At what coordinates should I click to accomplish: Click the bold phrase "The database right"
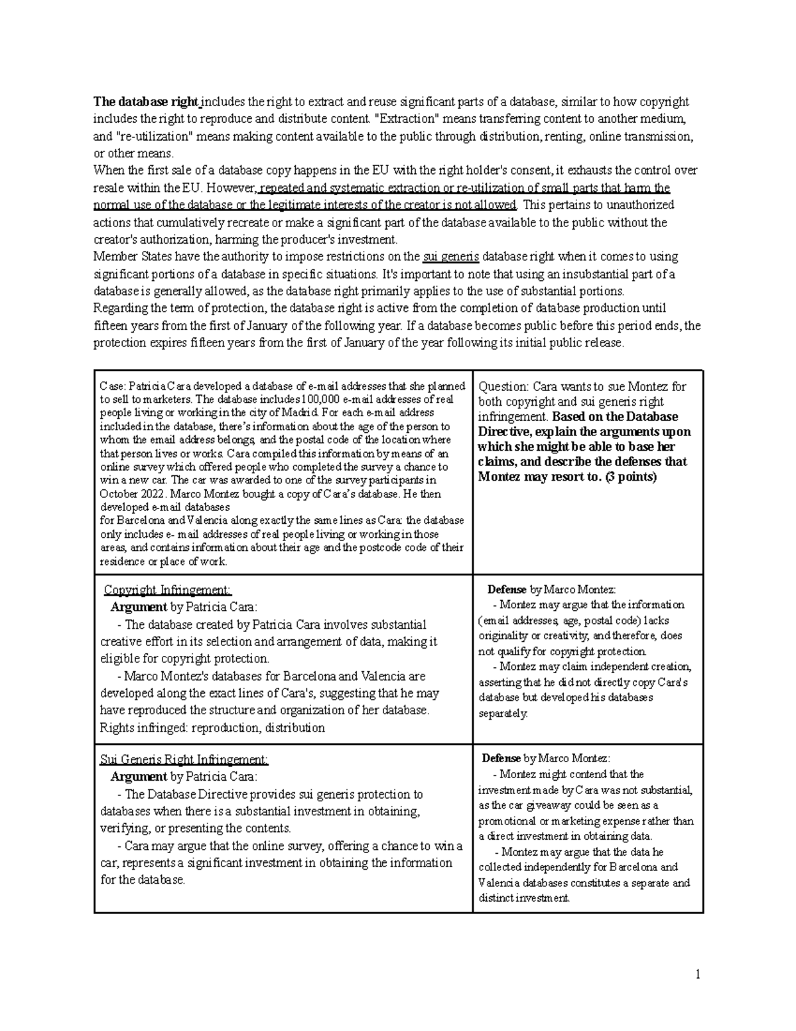pos(146,102)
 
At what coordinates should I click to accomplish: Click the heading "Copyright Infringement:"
pos(168,590)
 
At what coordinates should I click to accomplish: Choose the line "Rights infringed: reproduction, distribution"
pos(212,728)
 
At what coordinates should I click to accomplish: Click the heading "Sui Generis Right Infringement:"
pos(184,759)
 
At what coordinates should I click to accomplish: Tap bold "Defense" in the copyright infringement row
pos(507,590)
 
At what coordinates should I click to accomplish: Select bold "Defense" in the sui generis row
pos(501,758)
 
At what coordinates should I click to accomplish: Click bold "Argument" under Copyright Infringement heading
pos(139,607)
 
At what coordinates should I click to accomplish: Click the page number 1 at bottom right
pos(698,975)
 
